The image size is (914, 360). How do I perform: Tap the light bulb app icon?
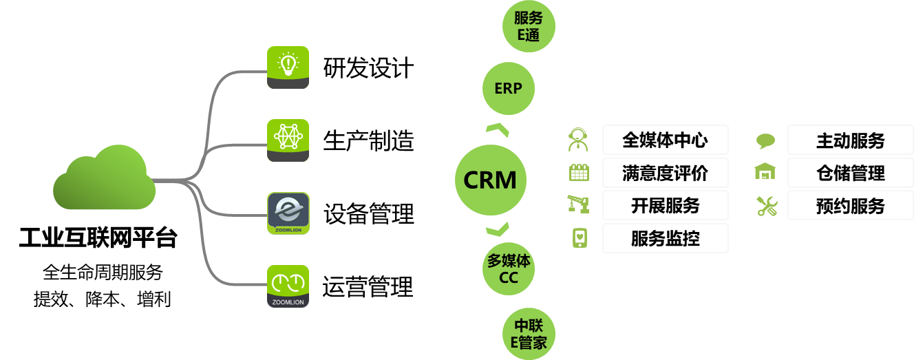[288, 67]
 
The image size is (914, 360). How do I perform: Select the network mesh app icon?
[288, 140]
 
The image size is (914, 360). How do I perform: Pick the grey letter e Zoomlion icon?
[288, 213]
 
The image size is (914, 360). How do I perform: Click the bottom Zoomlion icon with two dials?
[288, 286]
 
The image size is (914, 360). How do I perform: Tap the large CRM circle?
[490, 180]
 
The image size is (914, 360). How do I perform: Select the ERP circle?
[508, 88]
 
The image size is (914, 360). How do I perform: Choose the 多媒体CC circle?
[508, 269]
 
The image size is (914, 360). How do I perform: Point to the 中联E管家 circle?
[529, 333]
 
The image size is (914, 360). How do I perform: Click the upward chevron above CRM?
[497, 130]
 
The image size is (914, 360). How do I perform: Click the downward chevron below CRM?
[497, 229]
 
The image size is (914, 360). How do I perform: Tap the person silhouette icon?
[578, 140]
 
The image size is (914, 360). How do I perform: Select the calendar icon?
[579, 172]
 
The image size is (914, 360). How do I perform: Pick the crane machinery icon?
[578, 204]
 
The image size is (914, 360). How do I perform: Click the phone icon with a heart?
[580, 237]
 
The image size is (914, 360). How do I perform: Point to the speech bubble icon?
[765, 141]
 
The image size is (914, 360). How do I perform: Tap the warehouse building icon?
[765, 171]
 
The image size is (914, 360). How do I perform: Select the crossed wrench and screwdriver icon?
[766, 206]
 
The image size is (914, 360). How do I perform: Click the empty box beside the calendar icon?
[665, 172]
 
